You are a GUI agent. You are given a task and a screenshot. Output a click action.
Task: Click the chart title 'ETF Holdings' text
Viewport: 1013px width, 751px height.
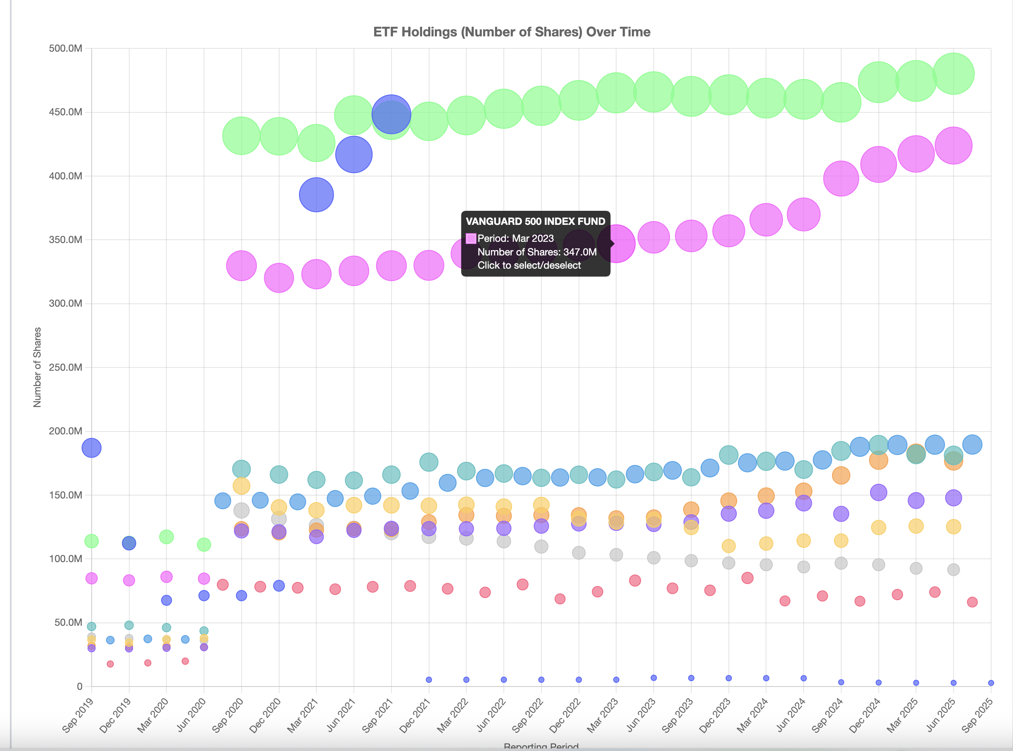point(512,32)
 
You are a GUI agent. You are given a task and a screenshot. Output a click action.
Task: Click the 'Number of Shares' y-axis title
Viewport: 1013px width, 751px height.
point(37,367)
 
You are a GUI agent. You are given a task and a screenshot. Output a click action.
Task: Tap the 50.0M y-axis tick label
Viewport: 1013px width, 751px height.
point(68,622)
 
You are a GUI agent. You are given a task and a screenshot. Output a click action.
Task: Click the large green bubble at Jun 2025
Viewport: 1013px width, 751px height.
point(953,74)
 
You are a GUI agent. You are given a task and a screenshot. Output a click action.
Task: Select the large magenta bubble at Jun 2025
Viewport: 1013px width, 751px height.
point(953,145)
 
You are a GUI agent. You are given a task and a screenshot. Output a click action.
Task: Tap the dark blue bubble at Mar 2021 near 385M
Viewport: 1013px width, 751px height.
point(316,195)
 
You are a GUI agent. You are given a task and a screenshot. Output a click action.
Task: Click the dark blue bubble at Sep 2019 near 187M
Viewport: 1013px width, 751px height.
point(91,448)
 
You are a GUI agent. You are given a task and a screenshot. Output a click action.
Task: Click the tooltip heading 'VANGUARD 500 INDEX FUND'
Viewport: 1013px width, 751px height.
point(535,222)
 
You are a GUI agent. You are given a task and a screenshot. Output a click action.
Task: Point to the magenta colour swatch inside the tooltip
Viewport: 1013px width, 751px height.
point(471,238)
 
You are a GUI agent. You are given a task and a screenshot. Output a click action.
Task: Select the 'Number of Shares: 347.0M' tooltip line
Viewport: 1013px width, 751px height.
point(536,252)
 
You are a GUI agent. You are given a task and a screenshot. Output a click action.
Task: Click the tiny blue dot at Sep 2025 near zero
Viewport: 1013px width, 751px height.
point(991,683)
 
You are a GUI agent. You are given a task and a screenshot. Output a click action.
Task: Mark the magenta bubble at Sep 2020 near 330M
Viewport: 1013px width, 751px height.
point(241,265)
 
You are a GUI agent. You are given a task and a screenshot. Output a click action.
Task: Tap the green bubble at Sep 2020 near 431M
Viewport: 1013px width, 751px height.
point(241,136)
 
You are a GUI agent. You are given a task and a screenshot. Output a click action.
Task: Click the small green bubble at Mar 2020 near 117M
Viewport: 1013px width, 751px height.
point(166,536)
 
